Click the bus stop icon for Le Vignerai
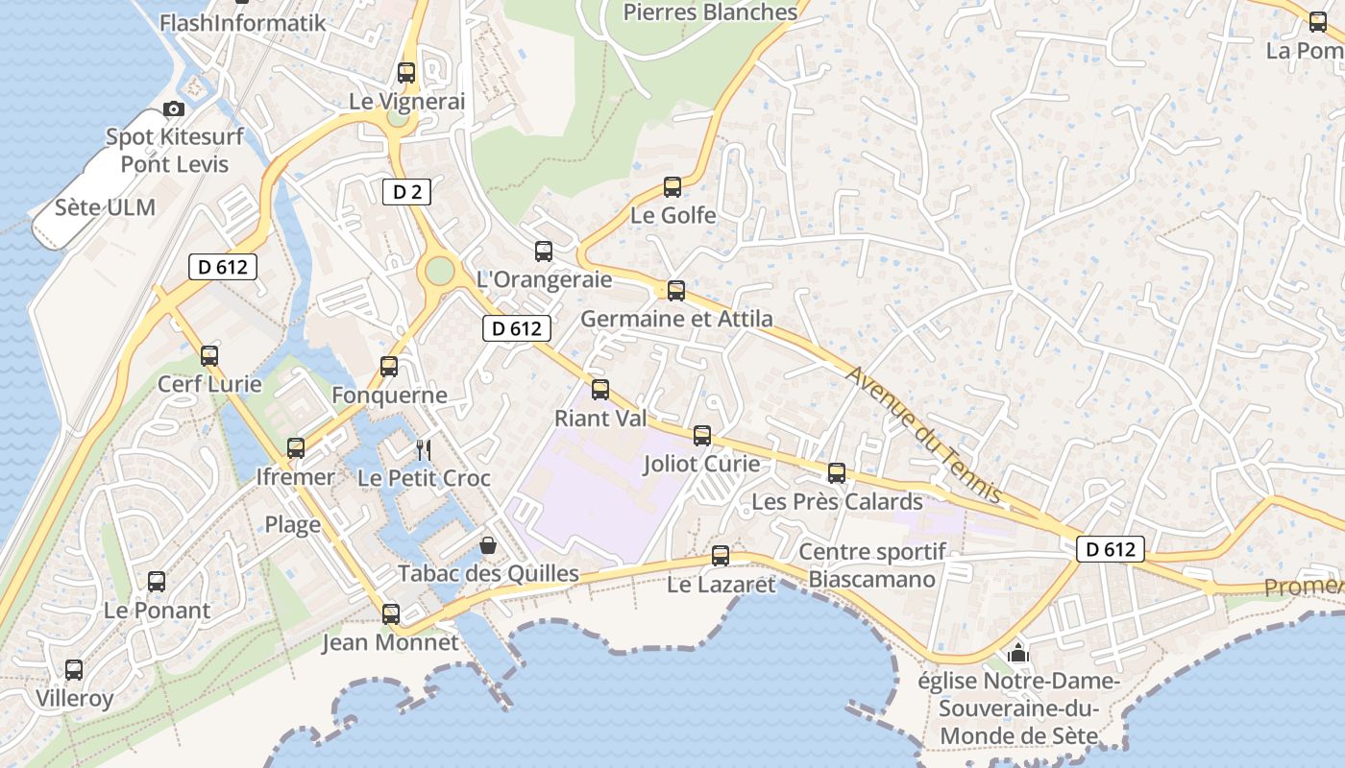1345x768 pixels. pos(406,73)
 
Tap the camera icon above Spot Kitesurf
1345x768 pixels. pos(174,109)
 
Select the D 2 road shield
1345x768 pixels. pos(406,192)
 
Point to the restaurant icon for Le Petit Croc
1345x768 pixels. pos(423,449)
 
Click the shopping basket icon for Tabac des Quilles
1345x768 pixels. pos(488,546)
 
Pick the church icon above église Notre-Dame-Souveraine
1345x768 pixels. pos(1017,655)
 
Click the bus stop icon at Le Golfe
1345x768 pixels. pos(672,187)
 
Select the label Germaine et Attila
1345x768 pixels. pos(676,319)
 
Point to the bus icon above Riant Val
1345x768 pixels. pos(600,390)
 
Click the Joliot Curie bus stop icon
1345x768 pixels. pos(702,436)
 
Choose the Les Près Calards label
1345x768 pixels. pos(837,502)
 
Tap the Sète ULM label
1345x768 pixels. pos(105,207)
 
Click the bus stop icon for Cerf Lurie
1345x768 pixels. pos(209,356)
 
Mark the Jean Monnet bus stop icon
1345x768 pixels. pos(391,614)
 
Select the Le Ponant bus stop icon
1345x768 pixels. pos(157,582)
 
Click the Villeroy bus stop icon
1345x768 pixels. pos(74,670)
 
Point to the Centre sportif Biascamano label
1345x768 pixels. pos(871,565)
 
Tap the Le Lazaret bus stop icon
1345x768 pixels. pos(721,556)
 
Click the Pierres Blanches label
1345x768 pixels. pos(710,12)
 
